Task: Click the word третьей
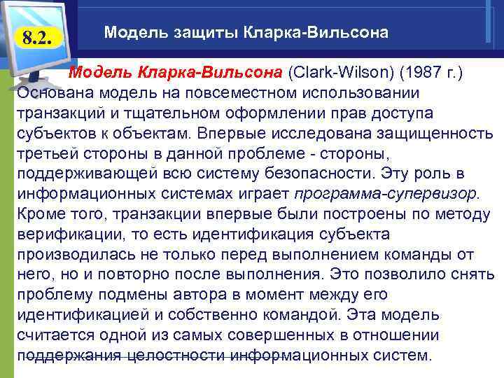click(48, 153)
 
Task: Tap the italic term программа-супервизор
click(386, 193)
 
